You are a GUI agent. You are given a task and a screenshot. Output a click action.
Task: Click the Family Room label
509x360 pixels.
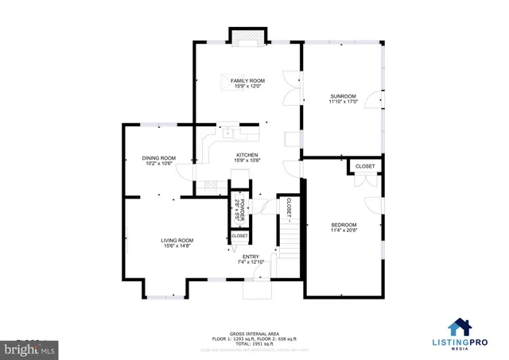point(247,81)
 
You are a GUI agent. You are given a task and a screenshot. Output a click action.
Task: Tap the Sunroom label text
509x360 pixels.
point(344,97)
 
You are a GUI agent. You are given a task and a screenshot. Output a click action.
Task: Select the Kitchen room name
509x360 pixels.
point(247,155)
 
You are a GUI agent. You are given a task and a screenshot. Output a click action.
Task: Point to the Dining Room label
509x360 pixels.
point(158,158)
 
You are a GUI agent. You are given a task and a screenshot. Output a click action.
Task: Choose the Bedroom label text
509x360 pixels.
point(344,225)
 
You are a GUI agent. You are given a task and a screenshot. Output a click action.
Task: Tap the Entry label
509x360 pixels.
point(251,256)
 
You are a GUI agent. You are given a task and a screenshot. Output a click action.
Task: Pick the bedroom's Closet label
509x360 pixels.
point(365,166)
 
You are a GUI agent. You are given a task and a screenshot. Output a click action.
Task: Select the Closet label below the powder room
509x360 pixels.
point(239,236)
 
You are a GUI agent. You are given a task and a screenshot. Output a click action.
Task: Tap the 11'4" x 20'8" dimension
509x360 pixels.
point(344,231)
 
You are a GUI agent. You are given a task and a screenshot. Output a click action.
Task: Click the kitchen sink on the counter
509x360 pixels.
point(227,131)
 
